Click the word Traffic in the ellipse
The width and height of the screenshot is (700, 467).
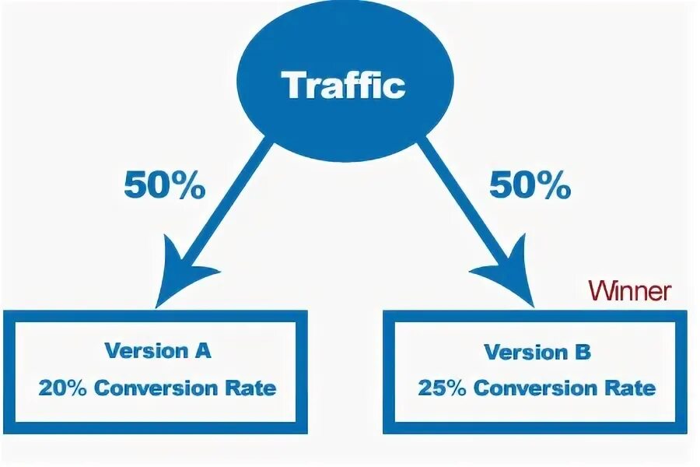344,85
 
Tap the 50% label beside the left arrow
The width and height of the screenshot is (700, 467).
164,186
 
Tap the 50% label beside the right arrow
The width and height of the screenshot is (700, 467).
529,186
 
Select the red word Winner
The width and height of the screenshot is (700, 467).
629,291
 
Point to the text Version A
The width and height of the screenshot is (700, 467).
158,350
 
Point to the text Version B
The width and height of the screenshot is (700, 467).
537,352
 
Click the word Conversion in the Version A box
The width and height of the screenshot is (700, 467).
160,387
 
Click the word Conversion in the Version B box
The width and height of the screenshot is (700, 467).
540,388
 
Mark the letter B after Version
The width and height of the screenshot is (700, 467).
583,352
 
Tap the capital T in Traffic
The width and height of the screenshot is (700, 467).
294,85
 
